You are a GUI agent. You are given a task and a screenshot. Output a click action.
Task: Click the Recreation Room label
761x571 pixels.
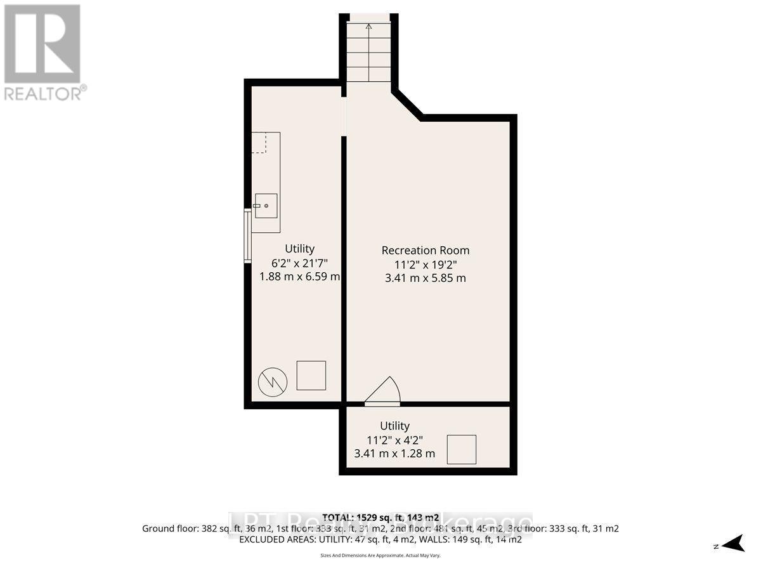point(426,250)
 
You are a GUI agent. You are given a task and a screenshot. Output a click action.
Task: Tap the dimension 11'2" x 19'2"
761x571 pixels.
point(426,264)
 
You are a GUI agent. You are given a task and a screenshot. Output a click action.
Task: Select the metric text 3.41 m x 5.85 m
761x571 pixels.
point(426,278)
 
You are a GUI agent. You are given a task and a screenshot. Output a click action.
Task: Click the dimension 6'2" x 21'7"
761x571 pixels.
point(299,263)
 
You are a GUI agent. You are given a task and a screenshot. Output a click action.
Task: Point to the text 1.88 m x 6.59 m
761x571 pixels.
point(299,277)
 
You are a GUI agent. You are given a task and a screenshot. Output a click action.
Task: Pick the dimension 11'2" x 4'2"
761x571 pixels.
point(394,440)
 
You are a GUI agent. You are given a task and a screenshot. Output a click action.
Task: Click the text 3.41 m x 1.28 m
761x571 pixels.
point(394,454)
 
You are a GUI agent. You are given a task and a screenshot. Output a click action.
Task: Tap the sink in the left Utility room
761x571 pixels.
point(267,205)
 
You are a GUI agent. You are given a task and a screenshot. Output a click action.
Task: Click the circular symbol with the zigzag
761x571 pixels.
point(273,381)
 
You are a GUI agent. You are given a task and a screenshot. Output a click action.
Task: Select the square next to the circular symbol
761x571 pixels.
point(311,376)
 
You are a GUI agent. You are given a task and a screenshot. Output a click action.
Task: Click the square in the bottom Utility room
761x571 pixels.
point(462,449)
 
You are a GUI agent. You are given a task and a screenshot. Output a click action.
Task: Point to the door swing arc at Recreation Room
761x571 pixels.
point(386,390)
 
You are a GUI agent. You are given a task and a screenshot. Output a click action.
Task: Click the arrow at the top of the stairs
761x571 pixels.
point(368,27)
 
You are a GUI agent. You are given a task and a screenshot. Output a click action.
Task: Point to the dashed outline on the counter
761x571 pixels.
point(260,143)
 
